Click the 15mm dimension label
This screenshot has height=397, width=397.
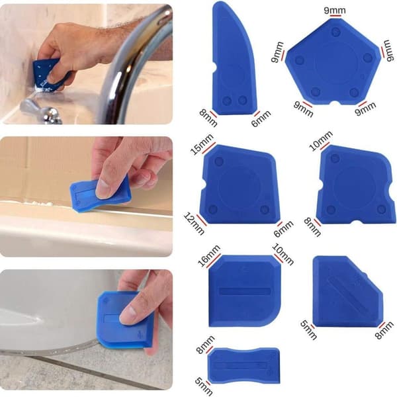point(202,144)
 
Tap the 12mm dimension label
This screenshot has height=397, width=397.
point(194,224)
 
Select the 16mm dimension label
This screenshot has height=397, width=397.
point(209,256)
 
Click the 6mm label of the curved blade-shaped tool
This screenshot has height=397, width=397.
point(261,118)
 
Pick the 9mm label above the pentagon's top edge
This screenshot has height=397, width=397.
point(335,11)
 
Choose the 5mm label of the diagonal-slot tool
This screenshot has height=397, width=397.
point(308,330)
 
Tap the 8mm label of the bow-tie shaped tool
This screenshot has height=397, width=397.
point(205,344)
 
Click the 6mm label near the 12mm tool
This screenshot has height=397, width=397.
point(284,229)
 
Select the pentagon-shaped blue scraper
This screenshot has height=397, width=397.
point(333,62)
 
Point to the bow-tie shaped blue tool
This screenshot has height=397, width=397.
point(243,365)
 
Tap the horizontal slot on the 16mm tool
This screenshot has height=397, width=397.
point(245,291)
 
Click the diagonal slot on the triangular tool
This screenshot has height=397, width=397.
point(347,291)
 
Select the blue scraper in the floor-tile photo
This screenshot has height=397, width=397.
point(124,320)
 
